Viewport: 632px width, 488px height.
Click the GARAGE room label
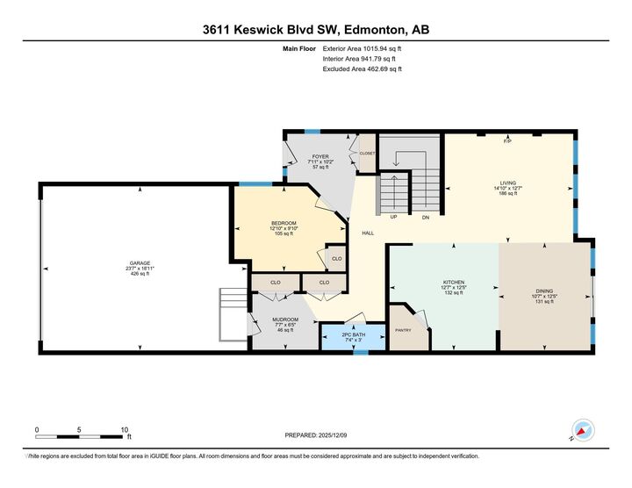(x=140, y=263)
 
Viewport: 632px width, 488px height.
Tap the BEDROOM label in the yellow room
(x=284, y=224)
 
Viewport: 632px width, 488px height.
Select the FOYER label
(x=320, y=156)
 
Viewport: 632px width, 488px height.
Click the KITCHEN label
(x=453, y=283)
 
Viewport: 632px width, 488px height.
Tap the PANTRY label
(x=404, y=331)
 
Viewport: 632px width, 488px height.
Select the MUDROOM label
(x=285, y=319)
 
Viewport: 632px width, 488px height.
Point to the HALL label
(x=369, y=233)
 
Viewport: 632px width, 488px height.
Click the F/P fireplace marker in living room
(x=507, y=141)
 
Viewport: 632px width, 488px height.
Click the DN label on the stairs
(x=425, y=217)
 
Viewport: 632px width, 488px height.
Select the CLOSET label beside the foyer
(x=367, y=154)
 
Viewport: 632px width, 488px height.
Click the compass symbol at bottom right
(x=582, y=431)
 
